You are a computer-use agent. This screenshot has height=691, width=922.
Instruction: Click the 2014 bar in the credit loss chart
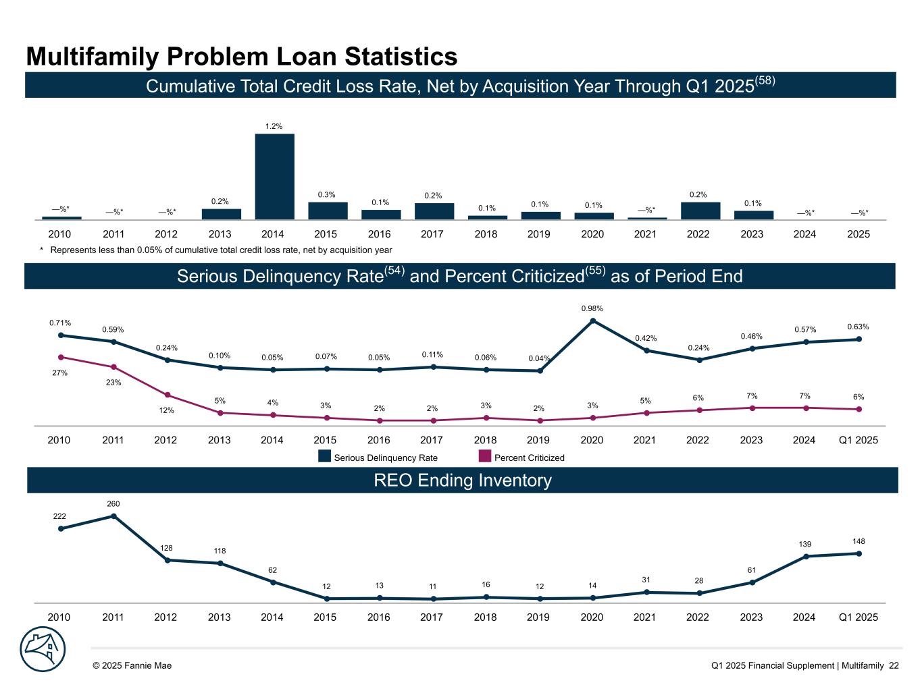[x=274, y=176]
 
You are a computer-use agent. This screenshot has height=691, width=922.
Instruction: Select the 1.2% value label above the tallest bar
[x=274, y=126]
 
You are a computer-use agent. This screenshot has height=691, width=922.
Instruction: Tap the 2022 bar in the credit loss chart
[x=700, y=211]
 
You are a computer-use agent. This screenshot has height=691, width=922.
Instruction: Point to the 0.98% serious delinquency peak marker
[x=592, y=321]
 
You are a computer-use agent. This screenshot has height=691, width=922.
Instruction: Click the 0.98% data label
[x=592, y=308]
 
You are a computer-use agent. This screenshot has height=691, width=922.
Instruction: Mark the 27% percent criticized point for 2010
[x=61, y=357]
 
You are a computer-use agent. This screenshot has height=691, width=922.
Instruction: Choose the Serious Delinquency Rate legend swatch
[x=325, y=457]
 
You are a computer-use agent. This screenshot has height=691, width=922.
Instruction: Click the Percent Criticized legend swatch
[x=484, y=457]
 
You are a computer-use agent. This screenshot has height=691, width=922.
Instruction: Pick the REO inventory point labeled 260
[x=113, y=516]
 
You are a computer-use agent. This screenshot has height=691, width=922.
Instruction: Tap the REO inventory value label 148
[x=859, y=541]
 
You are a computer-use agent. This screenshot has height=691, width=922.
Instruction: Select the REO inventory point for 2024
[x=806, y=556]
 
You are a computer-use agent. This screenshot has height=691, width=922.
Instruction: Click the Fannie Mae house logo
[x=42, y=649]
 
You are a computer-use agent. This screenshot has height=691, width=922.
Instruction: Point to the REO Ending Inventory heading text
[x=462, y=480]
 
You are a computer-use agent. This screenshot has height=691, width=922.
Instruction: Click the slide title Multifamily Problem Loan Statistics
[x=242, y=57]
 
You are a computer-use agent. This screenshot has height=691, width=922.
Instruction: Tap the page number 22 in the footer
[x=894, y=665]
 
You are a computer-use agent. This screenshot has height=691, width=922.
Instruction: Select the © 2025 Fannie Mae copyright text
[x=132, y=665]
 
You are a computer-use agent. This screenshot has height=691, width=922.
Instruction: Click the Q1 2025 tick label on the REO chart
[x=858, y=617]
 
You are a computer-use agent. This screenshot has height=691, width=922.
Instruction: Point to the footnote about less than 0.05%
[x=215, y=250]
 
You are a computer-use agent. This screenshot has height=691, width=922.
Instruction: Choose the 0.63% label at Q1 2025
[x=858, y=327]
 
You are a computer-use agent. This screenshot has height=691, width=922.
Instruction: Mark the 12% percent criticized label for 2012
[x=166, y=410]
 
